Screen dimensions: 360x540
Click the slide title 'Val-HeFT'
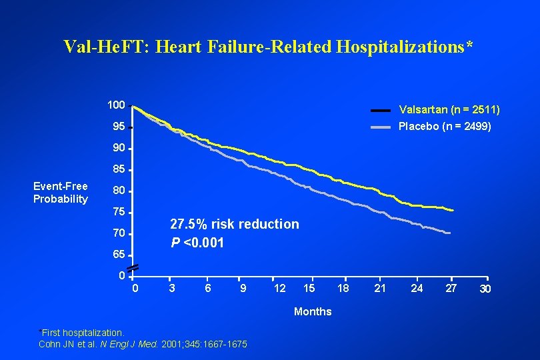pyautogui.click(x=269, y=46)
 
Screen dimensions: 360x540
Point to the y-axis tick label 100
pyautogui.click(x=117, y=105)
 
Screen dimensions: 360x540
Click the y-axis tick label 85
pyautogui.click(x=118, y=169)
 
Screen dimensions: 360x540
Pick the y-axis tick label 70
pyautogui.click(x=118, y=233)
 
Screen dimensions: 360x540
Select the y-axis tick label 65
pyautogui.click(x=118, y=255)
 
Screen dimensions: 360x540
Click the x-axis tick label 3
pyautogui.click(x=172, y=288)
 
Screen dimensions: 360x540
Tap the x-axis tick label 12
pyautogui.click(x=280, y=288)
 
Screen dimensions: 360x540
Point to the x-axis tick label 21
pyautogui.click(x=380, y=288)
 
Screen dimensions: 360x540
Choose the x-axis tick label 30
pyautogui.click(x=486, y=289)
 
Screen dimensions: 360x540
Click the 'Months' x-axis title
pyautogui.click(x=313, y=311)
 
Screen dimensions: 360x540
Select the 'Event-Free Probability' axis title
pyautogui.click(x=61, y=193)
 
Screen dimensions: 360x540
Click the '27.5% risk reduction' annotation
pyautogui.click(x=235, y=224)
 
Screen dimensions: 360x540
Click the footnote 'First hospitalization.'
pyautogui.click(x=83, y=332)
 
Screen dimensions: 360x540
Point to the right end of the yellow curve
pyautogui.click(x=453, y=210)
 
